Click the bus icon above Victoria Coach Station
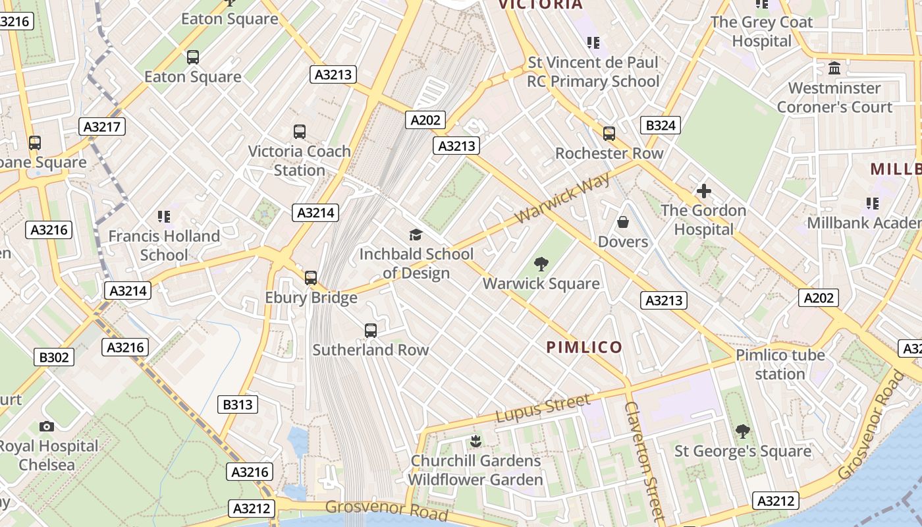tap(300, 132)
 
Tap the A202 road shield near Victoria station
tap(427, 120)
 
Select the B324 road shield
tap(660, 125)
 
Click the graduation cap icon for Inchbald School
tap(416, 235)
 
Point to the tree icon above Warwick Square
tap(541, 264)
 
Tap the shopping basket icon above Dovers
tap(622, 223)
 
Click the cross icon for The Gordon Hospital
tap(703, 192)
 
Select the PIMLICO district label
tap(584, 347)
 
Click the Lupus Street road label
tap(543, 408)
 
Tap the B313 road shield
tap(238, 404)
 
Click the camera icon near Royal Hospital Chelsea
tap(46, 426)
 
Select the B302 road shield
tap(54, 358)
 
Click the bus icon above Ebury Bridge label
tap(311, 278)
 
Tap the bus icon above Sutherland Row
tap(371, 331)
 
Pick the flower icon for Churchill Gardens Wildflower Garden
tap(475, 441)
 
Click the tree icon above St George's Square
tap(742, 431)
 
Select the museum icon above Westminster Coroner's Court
tap(834, 69)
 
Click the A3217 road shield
tap(102, 126)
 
